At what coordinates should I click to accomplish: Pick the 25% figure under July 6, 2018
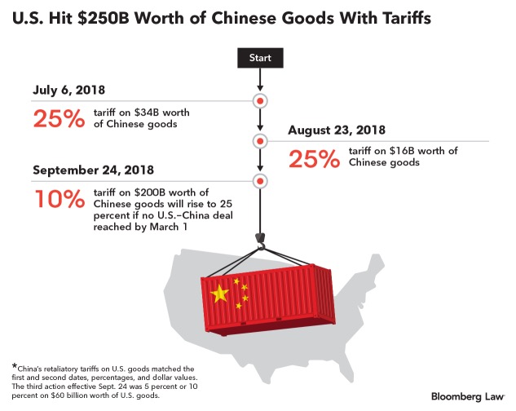(59, 118)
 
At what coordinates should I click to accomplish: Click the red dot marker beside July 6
(260, 101)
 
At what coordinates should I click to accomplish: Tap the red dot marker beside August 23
(260, 141)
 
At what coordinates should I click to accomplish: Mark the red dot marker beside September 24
(260, 181)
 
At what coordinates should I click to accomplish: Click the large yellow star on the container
(220, 294)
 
